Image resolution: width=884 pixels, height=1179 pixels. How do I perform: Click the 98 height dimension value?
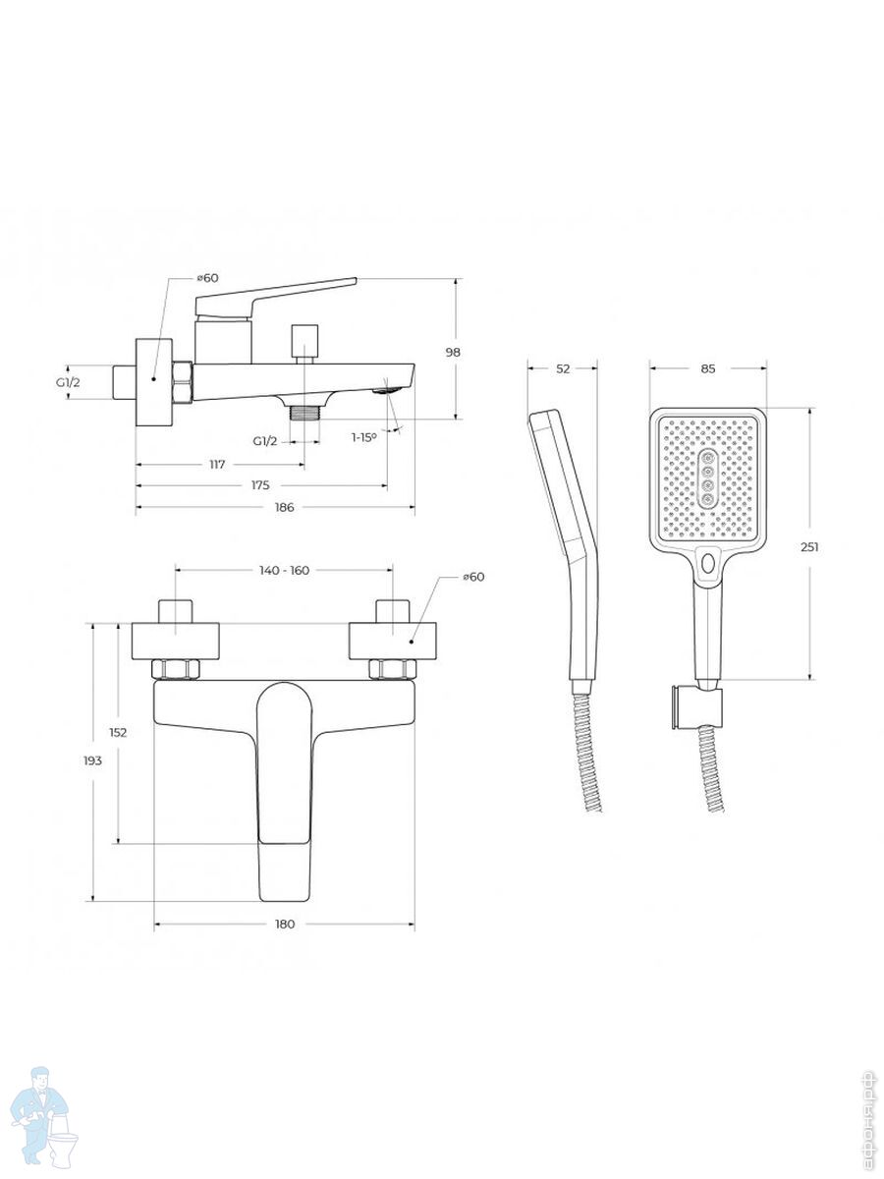(453, 353)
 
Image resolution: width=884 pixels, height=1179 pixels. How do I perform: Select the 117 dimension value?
(217, 464)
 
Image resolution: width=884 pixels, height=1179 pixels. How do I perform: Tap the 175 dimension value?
(260, 485)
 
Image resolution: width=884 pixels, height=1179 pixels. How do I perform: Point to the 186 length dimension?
(284, 507)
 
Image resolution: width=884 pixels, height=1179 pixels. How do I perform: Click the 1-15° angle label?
(363, 437)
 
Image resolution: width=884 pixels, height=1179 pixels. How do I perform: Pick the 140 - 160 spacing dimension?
(284, 571)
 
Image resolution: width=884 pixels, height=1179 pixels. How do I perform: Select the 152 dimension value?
(118, 732)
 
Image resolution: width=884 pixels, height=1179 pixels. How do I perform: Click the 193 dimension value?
(93, 760)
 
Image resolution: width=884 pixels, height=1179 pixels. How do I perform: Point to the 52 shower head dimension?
(563, 368)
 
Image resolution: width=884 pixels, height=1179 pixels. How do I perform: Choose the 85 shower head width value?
(708, 368)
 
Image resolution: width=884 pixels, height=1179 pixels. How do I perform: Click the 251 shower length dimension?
(810, 547)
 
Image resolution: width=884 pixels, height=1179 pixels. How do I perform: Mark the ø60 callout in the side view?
(207, 278)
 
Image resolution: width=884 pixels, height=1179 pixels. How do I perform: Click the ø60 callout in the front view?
(473, 577)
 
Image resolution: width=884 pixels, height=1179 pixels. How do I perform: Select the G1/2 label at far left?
(68, 382)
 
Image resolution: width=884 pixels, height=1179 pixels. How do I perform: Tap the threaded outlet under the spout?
(304, 413)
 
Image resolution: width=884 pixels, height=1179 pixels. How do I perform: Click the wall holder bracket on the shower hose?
(696, 708)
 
